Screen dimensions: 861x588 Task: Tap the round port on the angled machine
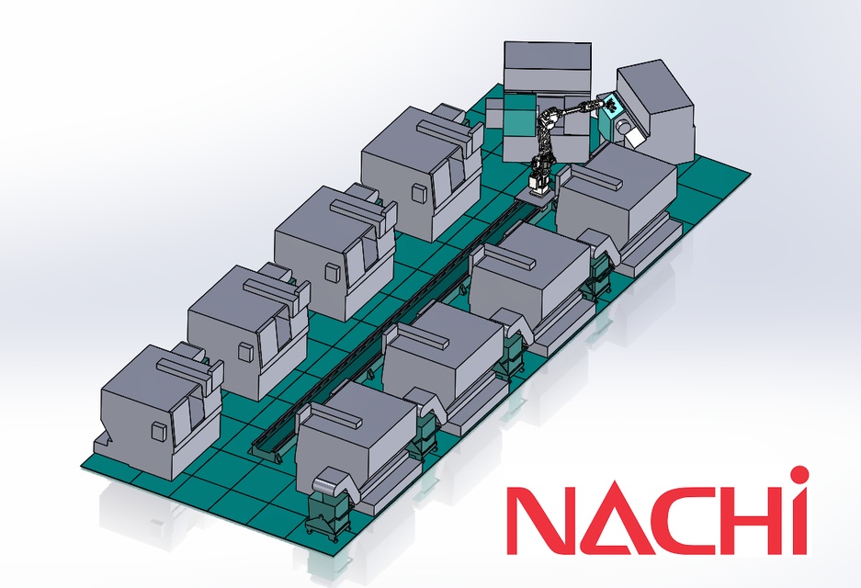(x=624, y=125)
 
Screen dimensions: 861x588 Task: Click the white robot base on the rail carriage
(x=536, y=182)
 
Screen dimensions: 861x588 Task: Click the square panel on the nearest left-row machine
(x=159, y=431)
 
